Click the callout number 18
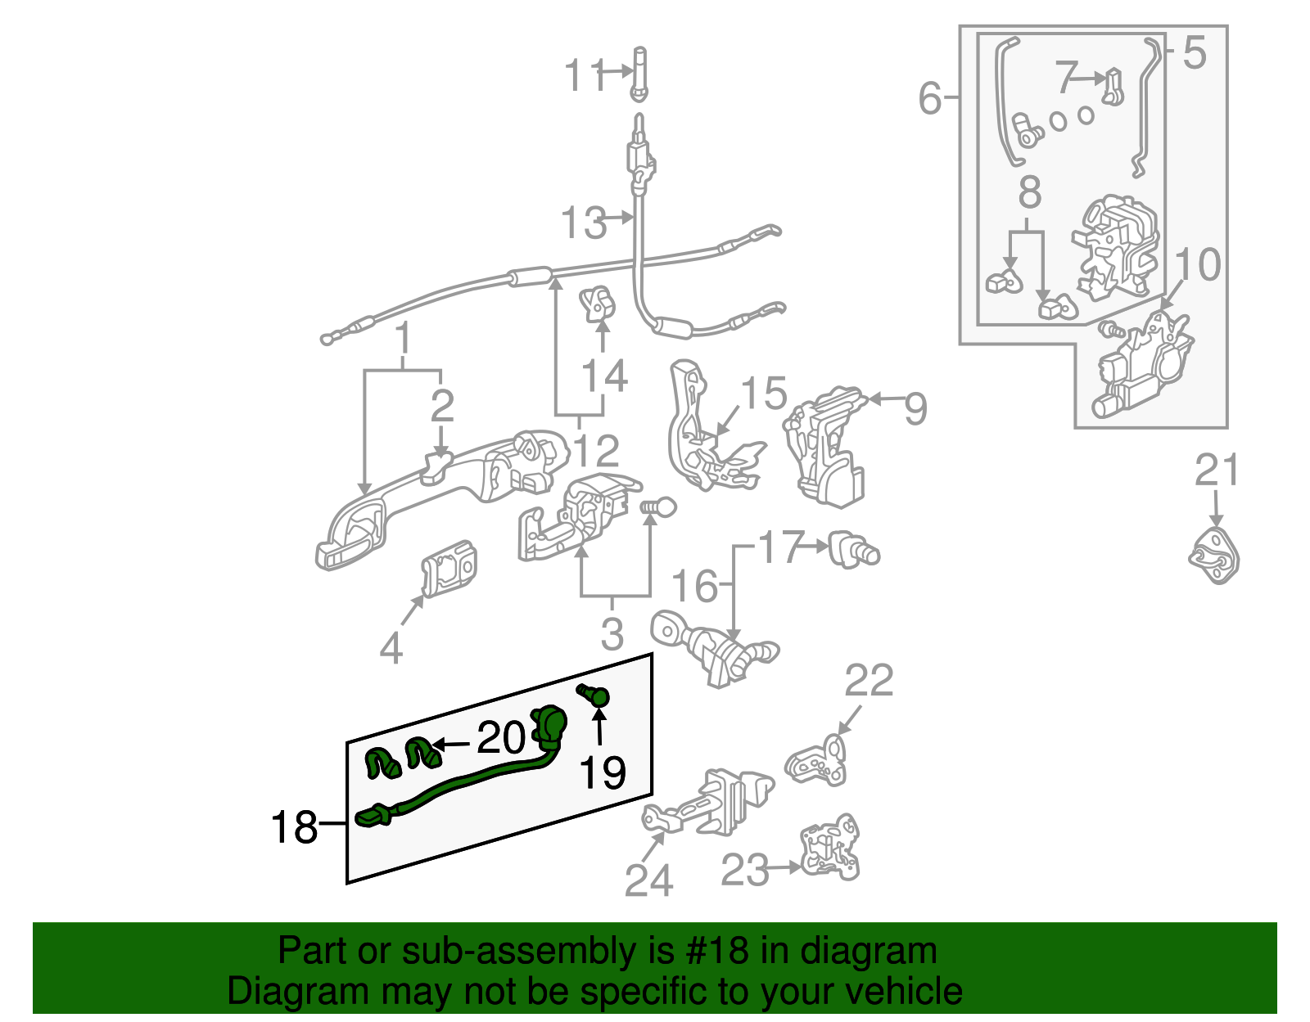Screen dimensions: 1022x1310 tap(294, 827)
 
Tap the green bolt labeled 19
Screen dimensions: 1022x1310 tap(596, 696)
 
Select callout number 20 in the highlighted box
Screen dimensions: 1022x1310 tap(500, 738)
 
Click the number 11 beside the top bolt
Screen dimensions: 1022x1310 tap(585, 76)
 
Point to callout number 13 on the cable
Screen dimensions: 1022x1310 tap(583, 223)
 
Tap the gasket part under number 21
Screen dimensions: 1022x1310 tap(1214, 556)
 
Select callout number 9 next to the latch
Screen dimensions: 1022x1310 tap(915, 407)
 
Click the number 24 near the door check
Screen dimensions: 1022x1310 tap(648, 880)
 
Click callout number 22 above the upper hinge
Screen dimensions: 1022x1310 tap(869, 681)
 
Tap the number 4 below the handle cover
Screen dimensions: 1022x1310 tap(391, 649)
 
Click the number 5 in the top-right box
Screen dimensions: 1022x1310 tap(1195, 53)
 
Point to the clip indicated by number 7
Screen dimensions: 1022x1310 tap(1112, 87)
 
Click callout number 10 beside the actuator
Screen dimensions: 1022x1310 tap(1198, 265)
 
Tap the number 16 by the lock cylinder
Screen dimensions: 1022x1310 tap(694, 587)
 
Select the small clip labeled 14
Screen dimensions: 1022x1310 tap(598, 304)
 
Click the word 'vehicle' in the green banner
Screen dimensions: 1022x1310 tap(903, 991)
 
